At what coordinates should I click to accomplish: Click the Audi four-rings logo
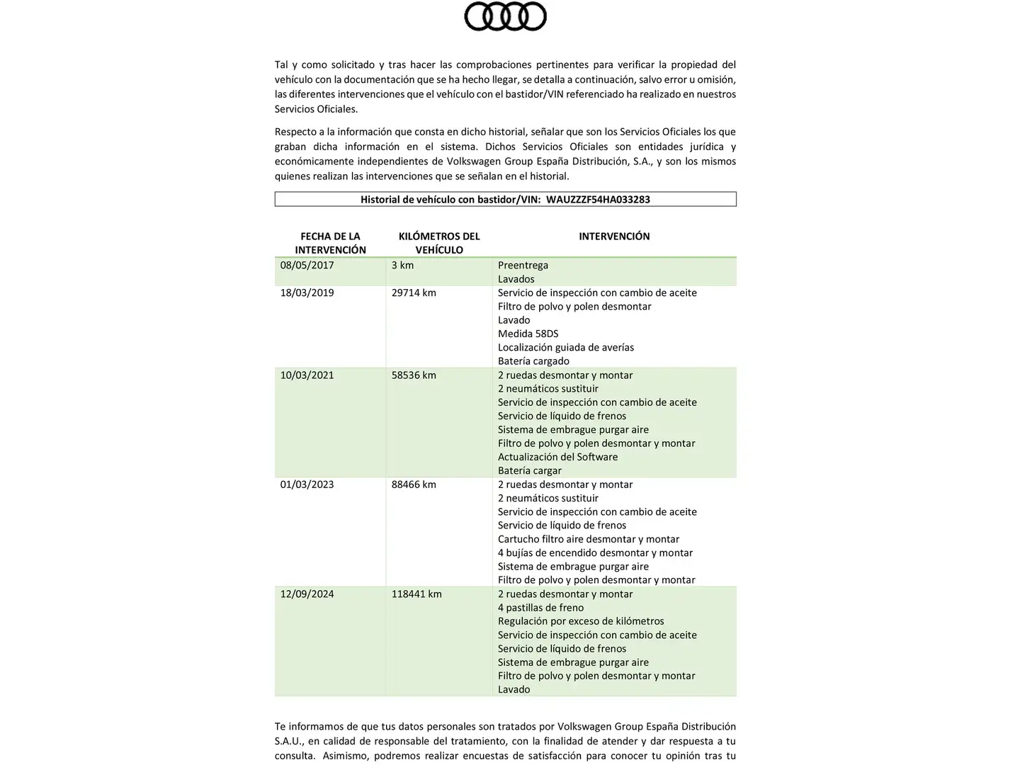[x=505, y=16]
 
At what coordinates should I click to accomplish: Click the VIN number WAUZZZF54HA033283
[x=598, y=200]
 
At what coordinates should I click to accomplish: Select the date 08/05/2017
[x=307, y=266]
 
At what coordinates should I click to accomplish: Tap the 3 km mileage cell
[x=402, y=266]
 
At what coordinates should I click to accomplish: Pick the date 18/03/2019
[x=307, y=293]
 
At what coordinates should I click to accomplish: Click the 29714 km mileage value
[x=414, y=293]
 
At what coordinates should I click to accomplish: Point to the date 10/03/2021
[x=307, y=375]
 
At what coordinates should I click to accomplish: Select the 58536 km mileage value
[x=414, y=375]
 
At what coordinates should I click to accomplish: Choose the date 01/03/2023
[x=307, y=485]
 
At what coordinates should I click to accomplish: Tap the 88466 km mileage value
[x=414, y=485]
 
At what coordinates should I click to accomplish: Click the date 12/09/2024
[x=307, y=594]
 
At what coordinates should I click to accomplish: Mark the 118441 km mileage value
[x=416, y=594]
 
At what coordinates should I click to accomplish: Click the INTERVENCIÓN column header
[x=614, y=237]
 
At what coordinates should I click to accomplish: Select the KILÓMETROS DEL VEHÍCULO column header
[x=439, y=243]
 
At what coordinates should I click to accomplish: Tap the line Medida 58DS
[x=528, y=334]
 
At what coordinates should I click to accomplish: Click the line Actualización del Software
[x=557, y=458]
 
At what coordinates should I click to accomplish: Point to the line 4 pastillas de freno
[x=540, y=608]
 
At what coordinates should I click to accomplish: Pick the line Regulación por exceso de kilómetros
[x=581, y=622]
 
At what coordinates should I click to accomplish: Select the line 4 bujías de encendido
[x=595, y=553]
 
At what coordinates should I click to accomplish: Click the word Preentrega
[x=523, y=266]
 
